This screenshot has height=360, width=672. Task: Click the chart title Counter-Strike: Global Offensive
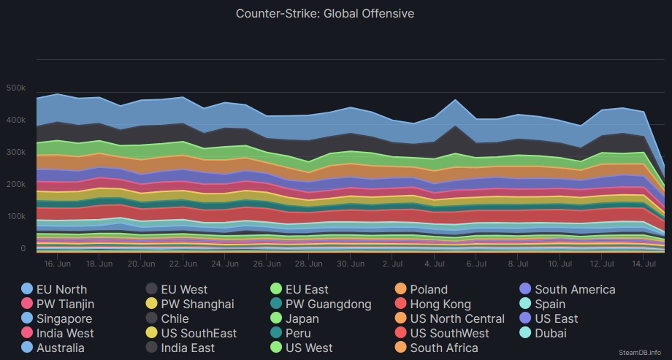[325, 13]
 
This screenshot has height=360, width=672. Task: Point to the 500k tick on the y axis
[16, 88]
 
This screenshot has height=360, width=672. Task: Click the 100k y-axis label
[16, 217]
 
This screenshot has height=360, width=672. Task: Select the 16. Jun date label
[57, 263]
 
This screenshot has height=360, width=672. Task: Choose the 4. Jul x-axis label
[435, 263]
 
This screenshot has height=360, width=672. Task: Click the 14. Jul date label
[643, 263]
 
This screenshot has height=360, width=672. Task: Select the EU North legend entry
[61, 289]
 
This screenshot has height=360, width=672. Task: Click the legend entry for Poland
[429, 289]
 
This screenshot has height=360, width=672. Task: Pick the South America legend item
[575, 289]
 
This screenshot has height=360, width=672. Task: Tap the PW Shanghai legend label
[197, 304]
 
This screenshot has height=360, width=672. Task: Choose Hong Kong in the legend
[440, 304]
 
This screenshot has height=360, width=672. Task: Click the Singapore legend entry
[64, 318]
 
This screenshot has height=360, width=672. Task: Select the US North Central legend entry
[457, 318]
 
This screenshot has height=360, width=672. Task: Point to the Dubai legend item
[551, 333]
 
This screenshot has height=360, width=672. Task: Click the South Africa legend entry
[444, 348]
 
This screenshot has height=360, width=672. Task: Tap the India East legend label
[188, 348]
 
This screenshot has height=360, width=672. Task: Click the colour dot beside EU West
[152, 289]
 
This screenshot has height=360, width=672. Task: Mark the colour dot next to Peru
[276, 333]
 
